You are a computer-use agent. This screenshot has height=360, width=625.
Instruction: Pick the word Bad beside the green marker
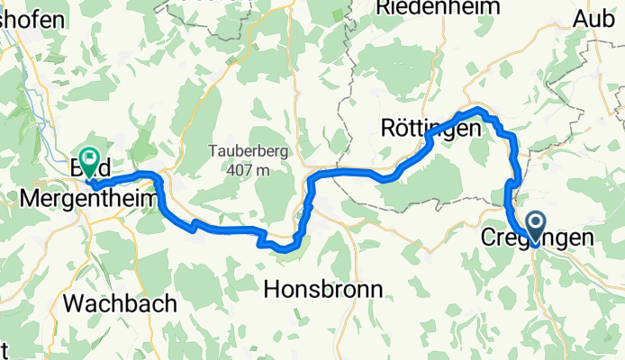point(80,167)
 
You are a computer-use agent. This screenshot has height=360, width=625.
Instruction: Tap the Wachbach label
point(120,303)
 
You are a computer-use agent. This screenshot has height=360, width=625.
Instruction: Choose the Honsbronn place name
point(324,288)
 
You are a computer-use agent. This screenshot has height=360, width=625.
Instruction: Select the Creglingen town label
point(538,238)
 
